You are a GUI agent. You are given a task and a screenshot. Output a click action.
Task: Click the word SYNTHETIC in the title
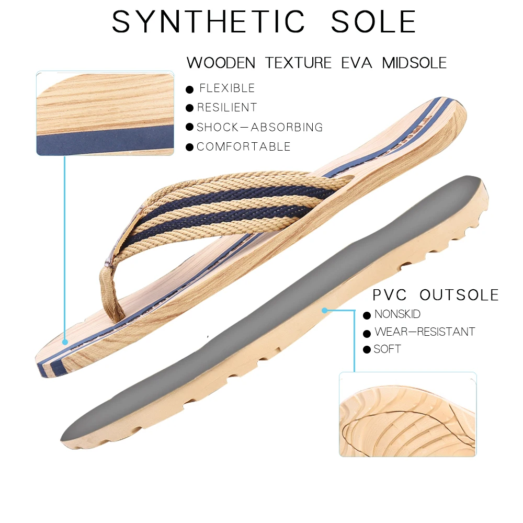pos(208,22)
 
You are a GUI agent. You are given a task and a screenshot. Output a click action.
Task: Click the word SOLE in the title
pos(373,22)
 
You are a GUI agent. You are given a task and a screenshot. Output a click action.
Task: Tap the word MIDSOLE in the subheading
pos(414,63)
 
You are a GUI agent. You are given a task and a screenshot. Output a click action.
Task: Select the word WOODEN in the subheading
pos(221,63)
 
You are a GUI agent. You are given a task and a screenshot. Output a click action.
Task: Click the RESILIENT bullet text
pos(227,108)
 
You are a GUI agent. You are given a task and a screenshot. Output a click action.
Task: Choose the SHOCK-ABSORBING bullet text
pos(260,127)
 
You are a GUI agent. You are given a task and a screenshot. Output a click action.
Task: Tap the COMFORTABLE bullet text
pos(244,146)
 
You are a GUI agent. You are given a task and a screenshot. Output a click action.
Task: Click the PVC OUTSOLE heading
pos(436,295)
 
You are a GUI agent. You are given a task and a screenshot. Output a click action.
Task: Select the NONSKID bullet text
pos(397,314)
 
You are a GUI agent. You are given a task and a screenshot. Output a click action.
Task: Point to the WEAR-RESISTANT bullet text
pos(425,332)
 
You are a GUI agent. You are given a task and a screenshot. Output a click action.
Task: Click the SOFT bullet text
pos(388,349)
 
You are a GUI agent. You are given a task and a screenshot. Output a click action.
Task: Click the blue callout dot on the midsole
pos(65,342)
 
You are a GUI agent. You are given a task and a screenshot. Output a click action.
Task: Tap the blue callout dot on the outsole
pos(324,310)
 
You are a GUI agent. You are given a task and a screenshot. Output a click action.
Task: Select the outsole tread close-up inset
pos(407,414)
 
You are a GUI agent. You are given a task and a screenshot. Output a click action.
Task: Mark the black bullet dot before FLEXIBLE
pos(190,89)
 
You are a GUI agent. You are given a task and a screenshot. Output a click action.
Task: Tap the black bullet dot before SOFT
pos(367,349)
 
